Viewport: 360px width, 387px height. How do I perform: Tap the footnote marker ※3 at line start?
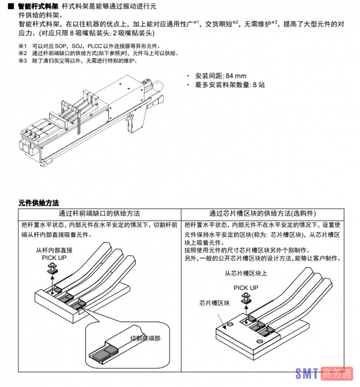coord(22,61)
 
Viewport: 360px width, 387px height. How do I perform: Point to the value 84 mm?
coord(236,76)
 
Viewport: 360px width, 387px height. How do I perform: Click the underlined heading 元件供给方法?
coord(39,203)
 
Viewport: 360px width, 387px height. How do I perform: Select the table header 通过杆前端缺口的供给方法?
coord(99,213)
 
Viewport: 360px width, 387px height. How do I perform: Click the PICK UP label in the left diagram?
coord(53,256)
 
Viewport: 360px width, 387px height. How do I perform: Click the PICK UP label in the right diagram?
coord(246,287)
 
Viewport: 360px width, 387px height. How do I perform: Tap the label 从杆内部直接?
coord(54,249)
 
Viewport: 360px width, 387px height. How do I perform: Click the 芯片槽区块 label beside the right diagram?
coord(214,303)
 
